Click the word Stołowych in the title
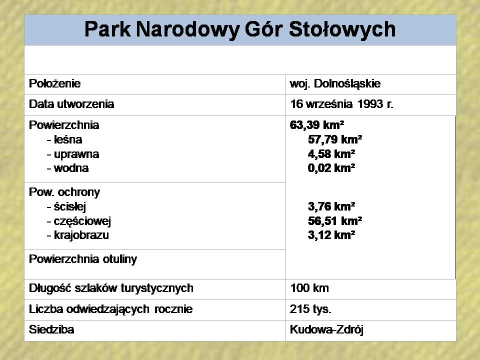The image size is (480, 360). click(x=342, y=30)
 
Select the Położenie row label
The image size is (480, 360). click(x=55, y=83)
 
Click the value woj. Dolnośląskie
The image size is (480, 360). click(x=335, y=84)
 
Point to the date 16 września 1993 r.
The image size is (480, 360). click(x=341, y=104)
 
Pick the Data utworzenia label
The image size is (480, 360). click(x=71, y=104)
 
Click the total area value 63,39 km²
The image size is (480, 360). click(x=317, y=125)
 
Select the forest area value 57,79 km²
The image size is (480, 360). click(x=335, y=139)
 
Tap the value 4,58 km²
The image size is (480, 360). click(x=331, y=154)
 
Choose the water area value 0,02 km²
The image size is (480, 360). click(x=331, y=168)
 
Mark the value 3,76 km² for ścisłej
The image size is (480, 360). click(x=331, y=206)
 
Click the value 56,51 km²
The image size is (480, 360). click(x=335, y=220)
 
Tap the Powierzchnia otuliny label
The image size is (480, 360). click(x=83, y=259)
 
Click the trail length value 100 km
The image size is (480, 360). click(x=309, y=288)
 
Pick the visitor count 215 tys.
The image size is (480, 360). click(x=310, y=309)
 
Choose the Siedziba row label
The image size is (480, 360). click(x=51, y=329)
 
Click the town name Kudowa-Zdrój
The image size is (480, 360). click(x=326, y=330)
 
